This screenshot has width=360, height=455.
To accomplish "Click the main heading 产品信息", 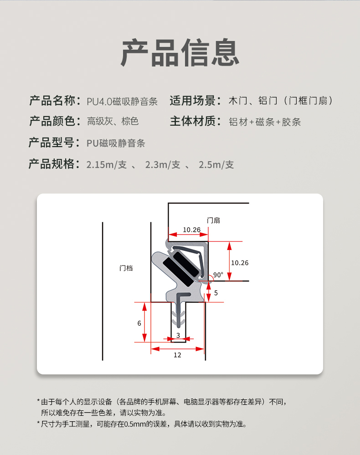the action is click(x=180, y=52).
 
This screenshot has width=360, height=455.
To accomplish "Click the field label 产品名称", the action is click(x=52, y=101).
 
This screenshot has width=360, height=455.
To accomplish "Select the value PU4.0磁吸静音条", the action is click(x=122, y=101).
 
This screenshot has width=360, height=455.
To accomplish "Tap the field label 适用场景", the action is click(x=193, y=101).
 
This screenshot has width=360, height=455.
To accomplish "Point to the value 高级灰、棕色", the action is click(x=113, y=121).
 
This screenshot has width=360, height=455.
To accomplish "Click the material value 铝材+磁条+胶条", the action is click(x=264, y=122).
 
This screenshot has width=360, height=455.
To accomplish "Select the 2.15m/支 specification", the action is click(x=107, y=164).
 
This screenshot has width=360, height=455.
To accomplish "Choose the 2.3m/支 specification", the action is click(x=163, y=164).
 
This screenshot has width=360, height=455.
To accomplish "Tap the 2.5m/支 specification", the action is click(x=216, y=164).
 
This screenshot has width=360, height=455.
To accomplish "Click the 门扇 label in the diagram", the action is click(x=213, y=220).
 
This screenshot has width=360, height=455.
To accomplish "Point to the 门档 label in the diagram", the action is click(x=126, y=268).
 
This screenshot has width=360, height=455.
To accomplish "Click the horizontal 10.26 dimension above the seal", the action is click(x=191, y=230).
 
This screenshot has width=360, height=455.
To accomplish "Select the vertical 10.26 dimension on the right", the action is click(x=240, y=263).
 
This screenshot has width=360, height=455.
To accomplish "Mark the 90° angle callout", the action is click(x=218, y=275).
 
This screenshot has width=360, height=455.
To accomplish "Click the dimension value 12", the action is click(x=177, y=355).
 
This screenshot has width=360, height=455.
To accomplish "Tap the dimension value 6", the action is click(x=139, y=323).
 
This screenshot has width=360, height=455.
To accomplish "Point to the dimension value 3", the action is click(x=178, y=336).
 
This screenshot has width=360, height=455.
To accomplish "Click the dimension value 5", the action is click(x=216, y=293).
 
